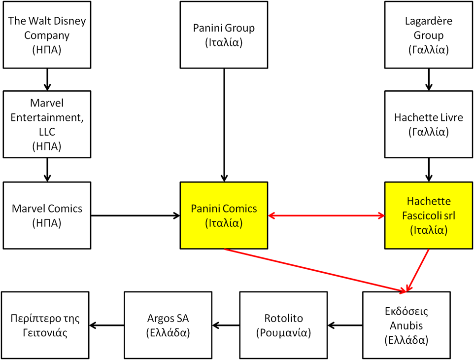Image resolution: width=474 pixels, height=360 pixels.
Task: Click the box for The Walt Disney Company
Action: click(47, 35)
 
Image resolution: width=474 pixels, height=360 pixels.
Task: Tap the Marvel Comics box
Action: click(47, 215)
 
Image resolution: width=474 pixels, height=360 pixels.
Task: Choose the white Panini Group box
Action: click(224, 35)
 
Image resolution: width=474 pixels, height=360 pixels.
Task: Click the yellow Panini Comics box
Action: click(224, 215)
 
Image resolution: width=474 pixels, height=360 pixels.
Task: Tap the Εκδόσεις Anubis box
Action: click(406, 325)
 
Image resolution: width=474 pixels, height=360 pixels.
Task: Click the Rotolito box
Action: click(283, 325)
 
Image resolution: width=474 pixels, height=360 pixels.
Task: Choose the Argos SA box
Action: click(168, 325)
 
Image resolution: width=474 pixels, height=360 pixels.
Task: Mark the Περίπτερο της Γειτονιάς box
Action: click(44, 325)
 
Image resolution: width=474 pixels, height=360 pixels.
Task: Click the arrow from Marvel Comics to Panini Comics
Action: click(135, 216)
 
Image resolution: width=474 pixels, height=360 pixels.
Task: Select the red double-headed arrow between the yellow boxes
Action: click(326, 216)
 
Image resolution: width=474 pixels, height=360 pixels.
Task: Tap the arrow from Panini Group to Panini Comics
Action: click(224, 123)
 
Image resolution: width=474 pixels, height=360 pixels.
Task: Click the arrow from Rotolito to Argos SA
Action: click(226, 325)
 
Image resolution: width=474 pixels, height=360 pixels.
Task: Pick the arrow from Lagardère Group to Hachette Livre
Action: click(429, 79)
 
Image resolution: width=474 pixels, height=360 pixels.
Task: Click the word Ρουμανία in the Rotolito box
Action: click(283, 332)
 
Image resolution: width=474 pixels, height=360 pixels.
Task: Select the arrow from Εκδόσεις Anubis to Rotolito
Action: click(345, 325)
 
